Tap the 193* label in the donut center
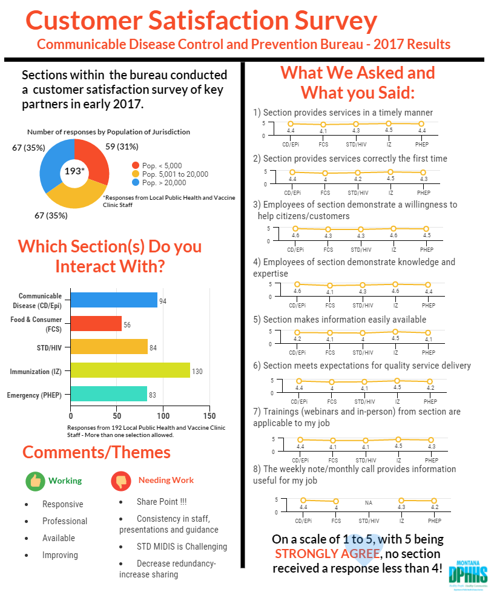74,171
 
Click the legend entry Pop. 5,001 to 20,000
173,174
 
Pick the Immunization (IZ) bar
130,370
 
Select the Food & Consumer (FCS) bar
96,324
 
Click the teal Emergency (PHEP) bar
108,394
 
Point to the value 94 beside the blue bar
163,301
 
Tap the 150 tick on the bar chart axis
209,416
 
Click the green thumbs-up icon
35,481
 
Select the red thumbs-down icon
121,481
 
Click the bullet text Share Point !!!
162,502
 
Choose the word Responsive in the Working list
63,504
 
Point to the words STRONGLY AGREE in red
327,554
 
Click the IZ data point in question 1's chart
389,123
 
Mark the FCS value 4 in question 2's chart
325,179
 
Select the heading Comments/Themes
96,452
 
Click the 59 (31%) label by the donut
122,146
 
